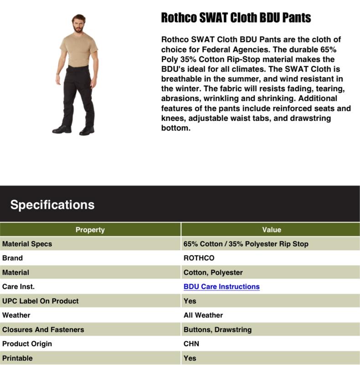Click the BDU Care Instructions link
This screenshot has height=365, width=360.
click(x=221, y=287)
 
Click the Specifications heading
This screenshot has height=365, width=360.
click(x=52, y=205)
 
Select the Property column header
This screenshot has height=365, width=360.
click(x=90, y=229)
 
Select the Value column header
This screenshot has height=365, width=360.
click(x=272, y=229)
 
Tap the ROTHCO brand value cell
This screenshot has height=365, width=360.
click(x=199, y=258)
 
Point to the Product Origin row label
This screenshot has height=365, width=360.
click(x=27, y=344)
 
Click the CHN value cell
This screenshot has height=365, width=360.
click(x=191, y=344)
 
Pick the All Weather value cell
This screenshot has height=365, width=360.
click(x=203, y=315)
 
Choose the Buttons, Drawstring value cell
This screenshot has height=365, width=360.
click(x=217, y=329)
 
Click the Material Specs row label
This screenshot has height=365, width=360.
click(x=27, y=244)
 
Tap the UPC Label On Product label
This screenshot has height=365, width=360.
click(x=40, y=301)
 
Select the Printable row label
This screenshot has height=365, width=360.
click(x=17, y=358)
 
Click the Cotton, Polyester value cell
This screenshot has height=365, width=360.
click(x=213, y=272)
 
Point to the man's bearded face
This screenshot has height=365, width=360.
click(x=78, y=25)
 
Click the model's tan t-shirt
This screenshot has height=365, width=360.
click(x=78, y=49)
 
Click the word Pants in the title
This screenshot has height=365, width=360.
click(x=296, y=18)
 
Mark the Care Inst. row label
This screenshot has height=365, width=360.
click(x=18, y=287)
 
